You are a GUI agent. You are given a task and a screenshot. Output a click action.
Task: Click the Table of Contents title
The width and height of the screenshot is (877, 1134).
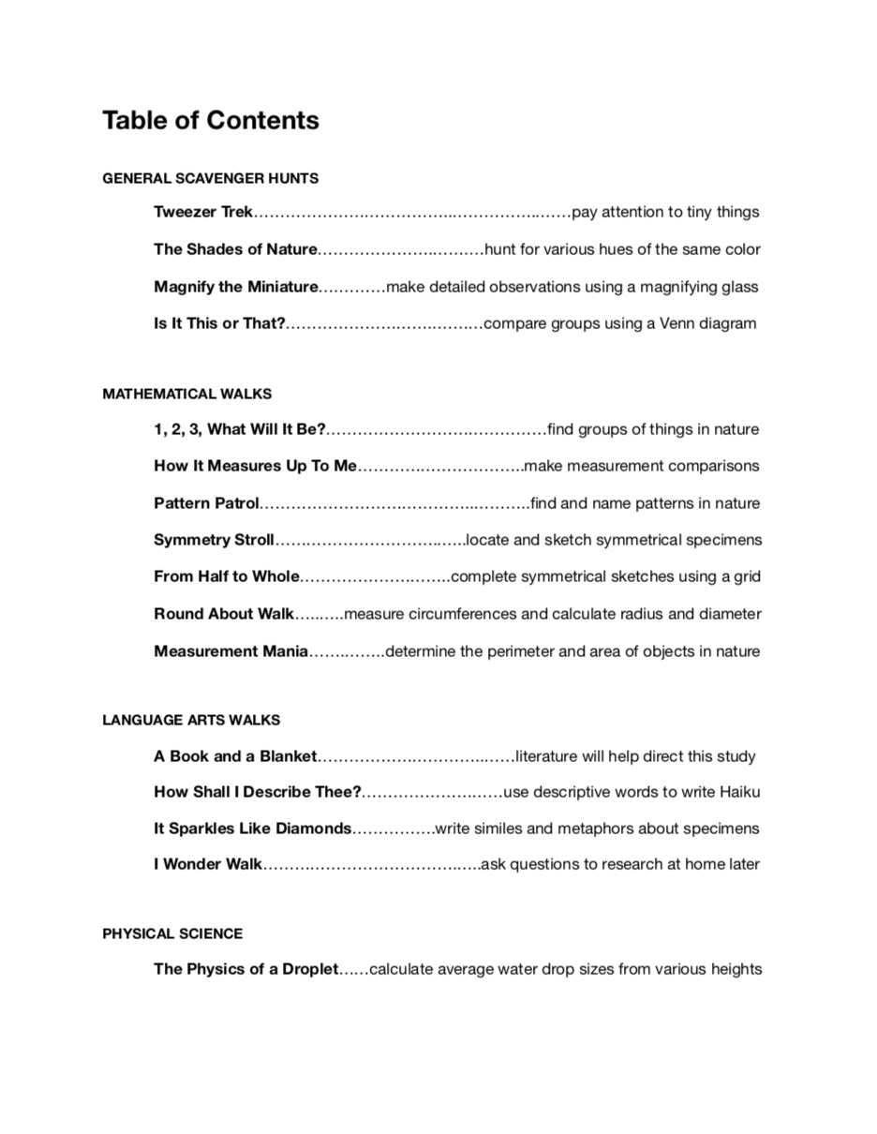click(x=211, y=121)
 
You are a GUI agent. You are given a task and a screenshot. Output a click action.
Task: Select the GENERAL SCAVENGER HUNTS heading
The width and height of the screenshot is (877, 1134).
click(x=211, y=178)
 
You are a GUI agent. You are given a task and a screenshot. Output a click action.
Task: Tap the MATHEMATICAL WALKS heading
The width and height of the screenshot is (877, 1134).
click(x=187, y=395)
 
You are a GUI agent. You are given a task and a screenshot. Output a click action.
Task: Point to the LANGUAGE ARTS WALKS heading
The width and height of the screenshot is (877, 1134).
click(x=191, y=721)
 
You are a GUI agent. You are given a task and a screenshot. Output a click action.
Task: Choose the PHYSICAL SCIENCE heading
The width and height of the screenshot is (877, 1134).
click(x=172, y=934)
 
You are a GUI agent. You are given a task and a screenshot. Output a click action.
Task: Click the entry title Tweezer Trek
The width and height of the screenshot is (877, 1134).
click(x=203, y=213)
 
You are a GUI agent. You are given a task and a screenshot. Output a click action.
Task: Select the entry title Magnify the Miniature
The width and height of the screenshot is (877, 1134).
click(x=236, y=287)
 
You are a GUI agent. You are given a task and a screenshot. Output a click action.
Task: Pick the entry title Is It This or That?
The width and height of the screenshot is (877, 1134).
click(x=219, y=324)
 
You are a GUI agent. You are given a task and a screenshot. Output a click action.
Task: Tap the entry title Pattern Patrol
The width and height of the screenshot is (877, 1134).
click(x=206, y=504)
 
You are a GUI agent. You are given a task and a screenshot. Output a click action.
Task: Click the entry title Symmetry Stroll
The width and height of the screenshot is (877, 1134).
click(x=214, y=541)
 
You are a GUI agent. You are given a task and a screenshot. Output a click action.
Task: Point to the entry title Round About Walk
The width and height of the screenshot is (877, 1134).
click(x=224, y=615)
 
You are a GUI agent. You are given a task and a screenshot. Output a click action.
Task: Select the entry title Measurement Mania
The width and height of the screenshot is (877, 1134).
click(x=230, y=651)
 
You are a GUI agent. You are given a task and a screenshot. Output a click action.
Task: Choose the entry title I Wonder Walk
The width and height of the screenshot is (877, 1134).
click(x=208, y=865)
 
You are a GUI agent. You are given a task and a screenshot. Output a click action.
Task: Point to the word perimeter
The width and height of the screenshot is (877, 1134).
click(x=525, y=651)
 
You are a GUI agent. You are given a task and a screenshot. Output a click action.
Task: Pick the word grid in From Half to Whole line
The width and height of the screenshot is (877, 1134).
click(x=746, y=577)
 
